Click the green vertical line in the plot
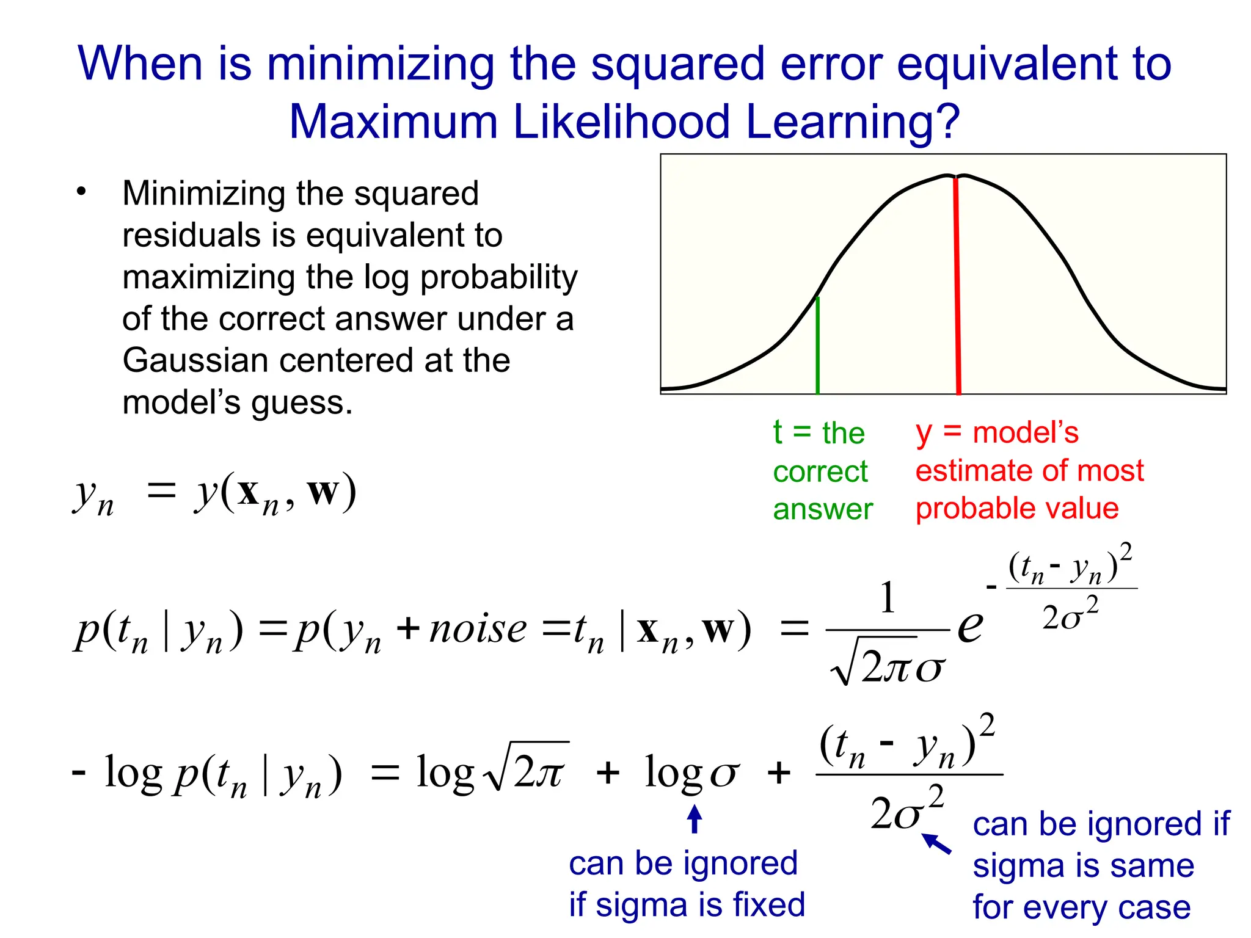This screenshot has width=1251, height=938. click(x=817, y=345)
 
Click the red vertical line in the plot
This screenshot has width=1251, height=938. click(x=957, y=287)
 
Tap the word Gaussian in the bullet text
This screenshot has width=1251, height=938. click(x=195, y=360)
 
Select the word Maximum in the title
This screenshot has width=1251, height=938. click(x=393, y=121)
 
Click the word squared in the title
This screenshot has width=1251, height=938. click(x=677, y=64)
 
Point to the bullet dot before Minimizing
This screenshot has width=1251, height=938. click(x=82, y=192)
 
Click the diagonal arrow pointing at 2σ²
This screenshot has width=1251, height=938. click(x=936, y=843)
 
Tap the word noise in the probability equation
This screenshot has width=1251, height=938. click(x=477, y=629)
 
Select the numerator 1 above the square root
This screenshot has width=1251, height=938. click(x=888, y=597)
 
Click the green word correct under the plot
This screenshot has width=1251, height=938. click(x=820, y=471)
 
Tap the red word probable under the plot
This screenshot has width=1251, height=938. click(x=965, y=509)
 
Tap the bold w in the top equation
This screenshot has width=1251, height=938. click(x=323, y=491)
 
